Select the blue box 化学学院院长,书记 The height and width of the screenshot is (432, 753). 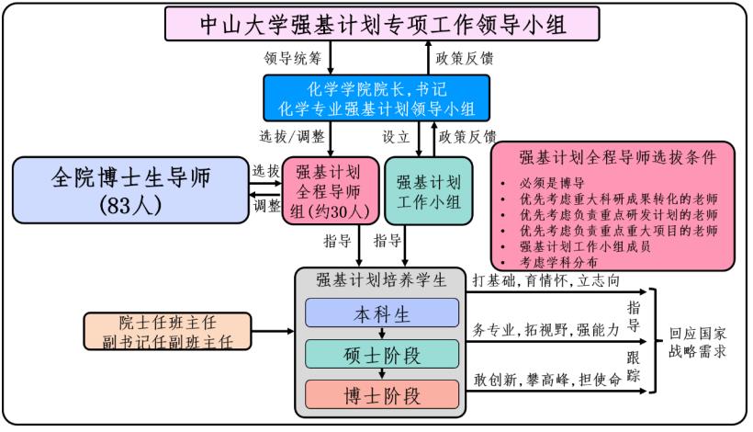click(x=376, y=98)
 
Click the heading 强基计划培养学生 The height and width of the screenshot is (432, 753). click(x=381, y=281)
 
